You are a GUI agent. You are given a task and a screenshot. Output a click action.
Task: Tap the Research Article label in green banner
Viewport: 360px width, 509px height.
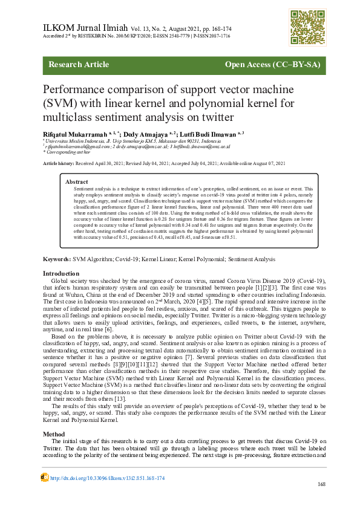coord(79,65)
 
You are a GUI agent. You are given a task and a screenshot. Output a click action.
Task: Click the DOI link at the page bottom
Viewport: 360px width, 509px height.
coord(107,478)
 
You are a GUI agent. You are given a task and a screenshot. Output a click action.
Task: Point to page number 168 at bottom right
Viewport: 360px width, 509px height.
coord(321,484)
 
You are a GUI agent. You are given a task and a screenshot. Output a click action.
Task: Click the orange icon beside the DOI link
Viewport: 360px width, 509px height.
coord(44,477)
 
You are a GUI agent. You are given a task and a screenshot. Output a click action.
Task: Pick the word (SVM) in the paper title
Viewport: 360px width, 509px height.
coord(60,102)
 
